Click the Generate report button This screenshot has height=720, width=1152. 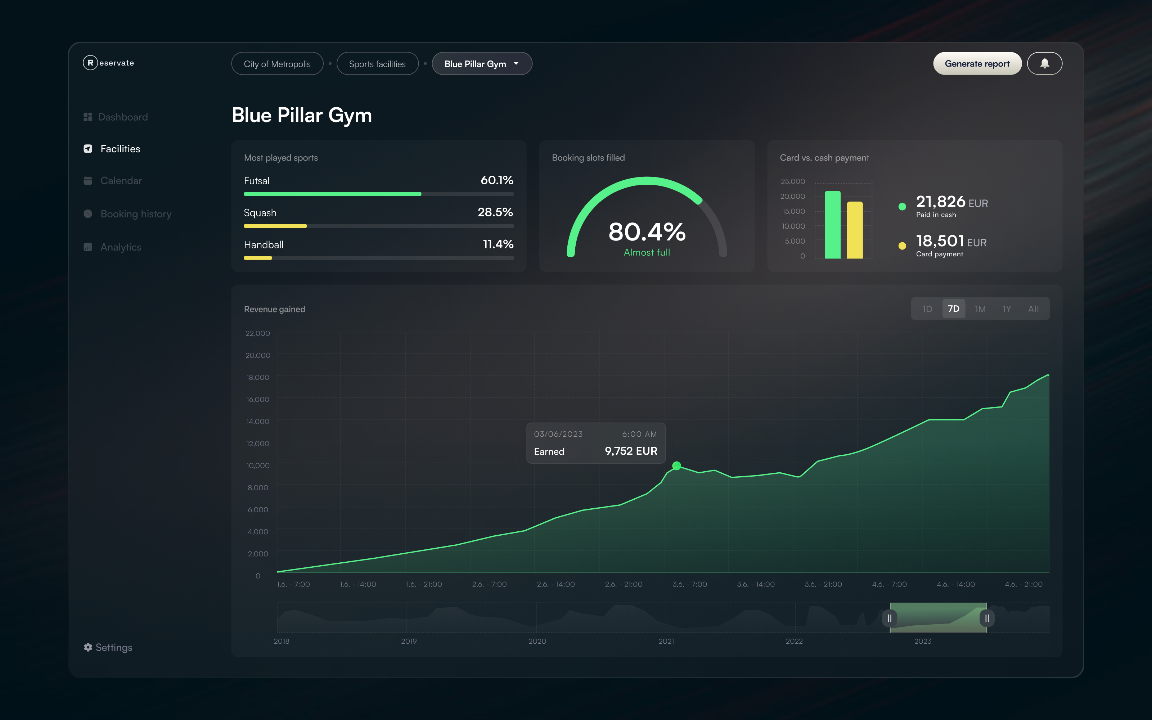977,64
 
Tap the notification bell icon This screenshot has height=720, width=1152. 1044,63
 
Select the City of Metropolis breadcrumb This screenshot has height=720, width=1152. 277,64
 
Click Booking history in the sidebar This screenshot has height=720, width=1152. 136,214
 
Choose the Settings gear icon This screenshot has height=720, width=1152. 88,647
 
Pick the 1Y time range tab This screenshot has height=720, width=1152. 1006,309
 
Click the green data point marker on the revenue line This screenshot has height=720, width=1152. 676,466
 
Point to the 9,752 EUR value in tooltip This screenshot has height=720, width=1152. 631,451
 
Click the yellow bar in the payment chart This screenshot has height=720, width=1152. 855,230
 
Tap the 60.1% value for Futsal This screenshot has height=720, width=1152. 496,180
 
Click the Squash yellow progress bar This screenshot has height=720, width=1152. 275,226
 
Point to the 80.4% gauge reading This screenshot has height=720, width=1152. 647,233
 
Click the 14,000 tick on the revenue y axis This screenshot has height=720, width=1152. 257,422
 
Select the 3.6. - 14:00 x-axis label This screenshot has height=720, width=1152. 756,584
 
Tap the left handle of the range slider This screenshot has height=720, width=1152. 889,618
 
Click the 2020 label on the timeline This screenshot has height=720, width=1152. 537,641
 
